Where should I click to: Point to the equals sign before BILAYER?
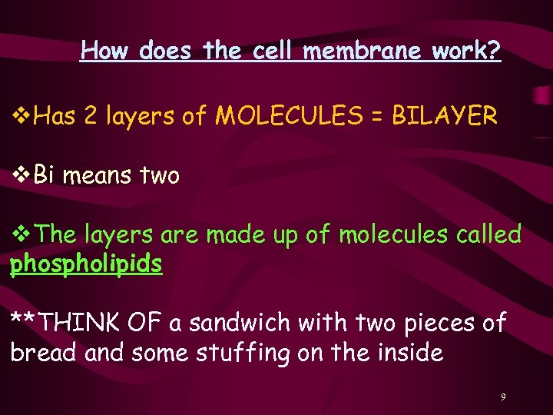pos(376,117)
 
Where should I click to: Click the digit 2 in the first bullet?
pos(91,117)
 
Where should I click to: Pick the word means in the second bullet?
pos(98,177)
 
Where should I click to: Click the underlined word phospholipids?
pos(86,264)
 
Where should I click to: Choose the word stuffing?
pos(227,354)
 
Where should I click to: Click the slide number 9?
pos(503,397)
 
